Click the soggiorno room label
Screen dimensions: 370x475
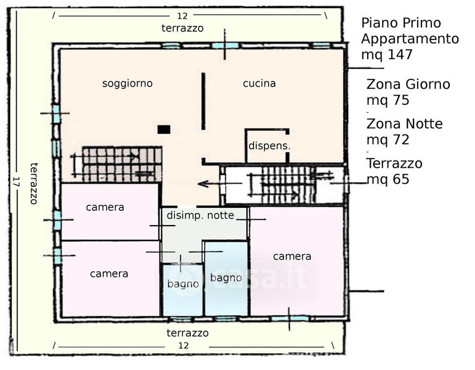[127, 83]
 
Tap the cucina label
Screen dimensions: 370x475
[259, 83]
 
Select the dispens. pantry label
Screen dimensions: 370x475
[269, 146]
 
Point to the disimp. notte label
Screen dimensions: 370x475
[200, 215]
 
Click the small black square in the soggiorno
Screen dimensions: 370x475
[163, 129]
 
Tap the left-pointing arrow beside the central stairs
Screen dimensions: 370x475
[211, 184]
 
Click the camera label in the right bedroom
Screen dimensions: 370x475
[292, 256]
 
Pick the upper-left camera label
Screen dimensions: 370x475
[105, 207]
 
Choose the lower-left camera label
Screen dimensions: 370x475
[109, 273]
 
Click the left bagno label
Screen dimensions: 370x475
[183, 284]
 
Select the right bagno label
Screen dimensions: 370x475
[225, 277]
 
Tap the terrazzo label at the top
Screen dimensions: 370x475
[182, 28]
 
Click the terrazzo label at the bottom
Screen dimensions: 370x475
[187, 333]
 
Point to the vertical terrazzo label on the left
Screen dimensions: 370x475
[35, 183]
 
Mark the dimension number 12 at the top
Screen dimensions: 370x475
[182, 16]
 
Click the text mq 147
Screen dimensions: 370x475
[386, 54]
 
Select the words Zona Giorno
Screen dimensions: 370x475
[408, 84]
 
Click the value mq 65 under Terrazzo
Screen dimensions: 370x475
[388, 179]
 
